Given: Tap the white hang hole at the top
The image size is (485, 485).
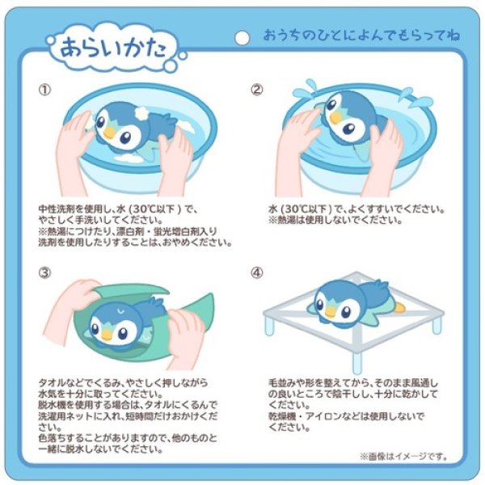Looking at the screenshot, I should (x=241, y=37).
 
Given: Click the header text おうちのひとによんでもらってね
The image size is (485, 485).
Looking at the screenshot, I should (x=360, y=36).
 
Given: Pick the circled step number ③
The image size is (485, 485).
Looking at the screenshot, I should (x=45, y=272).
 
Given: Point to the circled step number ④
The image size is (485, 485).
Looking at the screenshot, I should (x=257, y=272).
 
